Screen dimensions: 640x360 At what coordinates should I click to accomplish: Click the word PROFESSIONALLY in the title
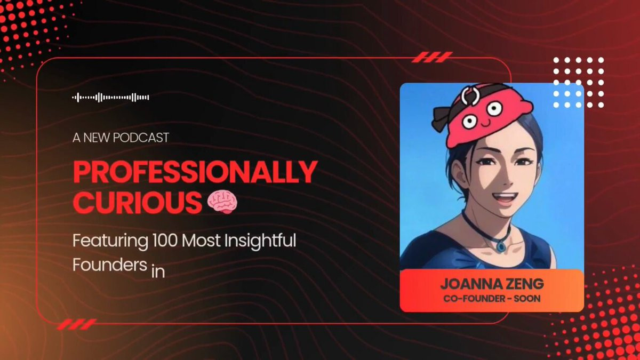click(195, 172)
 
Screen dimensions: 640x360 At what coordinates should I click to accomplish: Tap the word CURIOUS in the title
click(137, 202)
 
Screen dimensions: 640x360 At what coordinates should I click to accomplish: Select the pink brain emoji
click(222, 202)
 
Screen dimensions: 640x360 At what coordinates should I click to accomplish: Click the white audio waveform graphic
click(110, 98)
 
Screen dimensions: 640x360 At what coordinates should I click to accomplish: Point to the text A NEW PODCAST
click(121, 138)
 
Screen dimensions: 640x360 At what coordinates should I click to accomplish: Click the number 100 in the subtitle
click(165, 241)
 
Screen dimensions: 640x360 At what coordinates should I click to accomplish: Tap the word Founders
click(110, 265)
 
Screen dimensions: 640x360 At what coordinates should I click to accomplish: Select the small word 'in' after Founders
click(158, 271)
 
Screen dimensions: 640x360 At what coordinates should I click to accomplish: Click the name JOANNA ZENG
click(492, 284)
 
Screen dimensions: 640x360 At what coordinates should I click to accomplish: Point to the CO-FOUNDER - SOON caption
click(492, 299)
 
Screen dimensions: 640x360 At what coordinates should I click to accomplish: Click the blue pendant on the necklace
click(501, 246)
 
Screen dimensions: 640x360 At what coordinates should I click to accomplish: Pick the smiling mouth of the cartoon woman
click(505, 197)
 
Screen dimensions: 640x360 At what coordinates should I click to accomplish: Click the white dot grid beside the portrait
click(579, 82)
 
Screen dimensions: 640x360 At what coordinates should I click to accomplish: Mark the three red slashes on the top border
click(432, 57)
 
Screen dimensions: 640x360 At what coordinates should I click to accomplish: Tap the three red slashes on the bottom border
click(77, 324)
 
